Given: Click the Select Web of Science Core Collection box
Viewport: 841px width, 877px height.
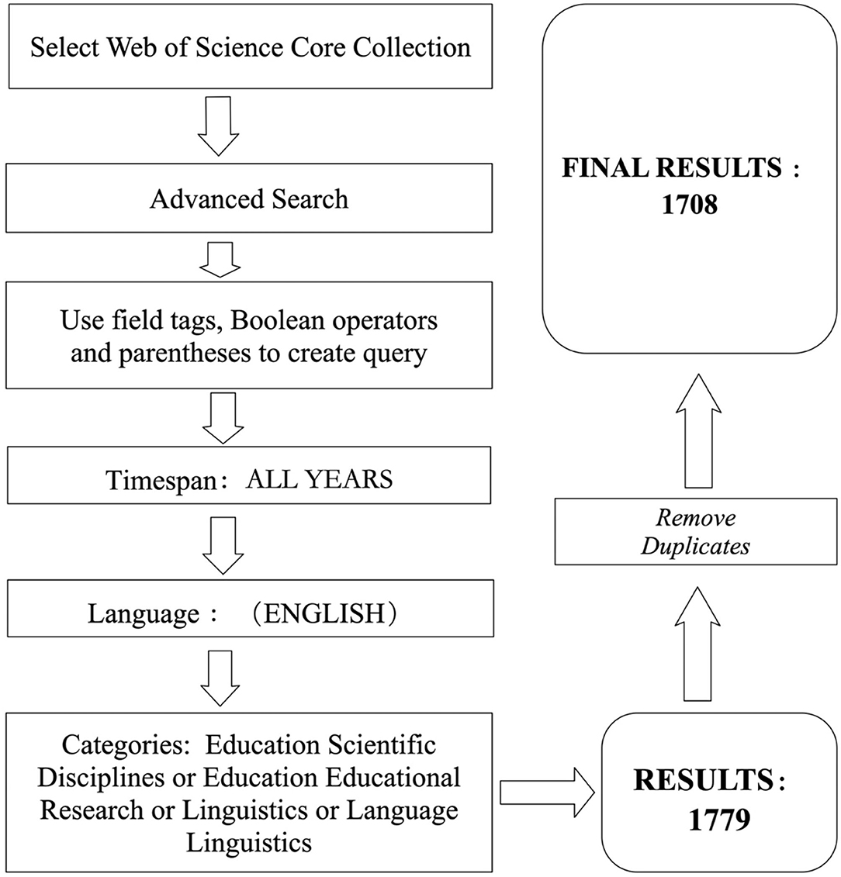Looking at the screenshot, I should pyautogui.click(x=250, y=48).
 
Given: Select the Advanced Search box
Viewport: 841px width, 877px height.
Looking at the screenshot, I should pyautogui.click(x=250, y=199).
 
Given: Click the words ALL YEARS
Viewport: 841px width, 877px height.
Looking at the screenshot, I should pyautogui.click(x=319, y=479).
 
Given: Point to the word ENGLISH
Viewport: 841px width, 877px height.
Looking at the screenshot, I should pyautogui.click(x=324, y=614).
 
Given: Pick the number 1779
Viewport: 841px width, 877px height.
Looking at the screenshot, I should pyautogui.click(x=719, y=820).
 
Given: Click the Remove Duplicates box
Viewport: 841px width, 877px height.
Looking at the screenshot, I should pyautogui.click(x=694, y=532).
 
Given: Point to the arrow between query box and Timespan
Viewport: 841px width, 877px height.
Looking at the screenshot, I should pyautogui.click(x=222, y=416).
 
